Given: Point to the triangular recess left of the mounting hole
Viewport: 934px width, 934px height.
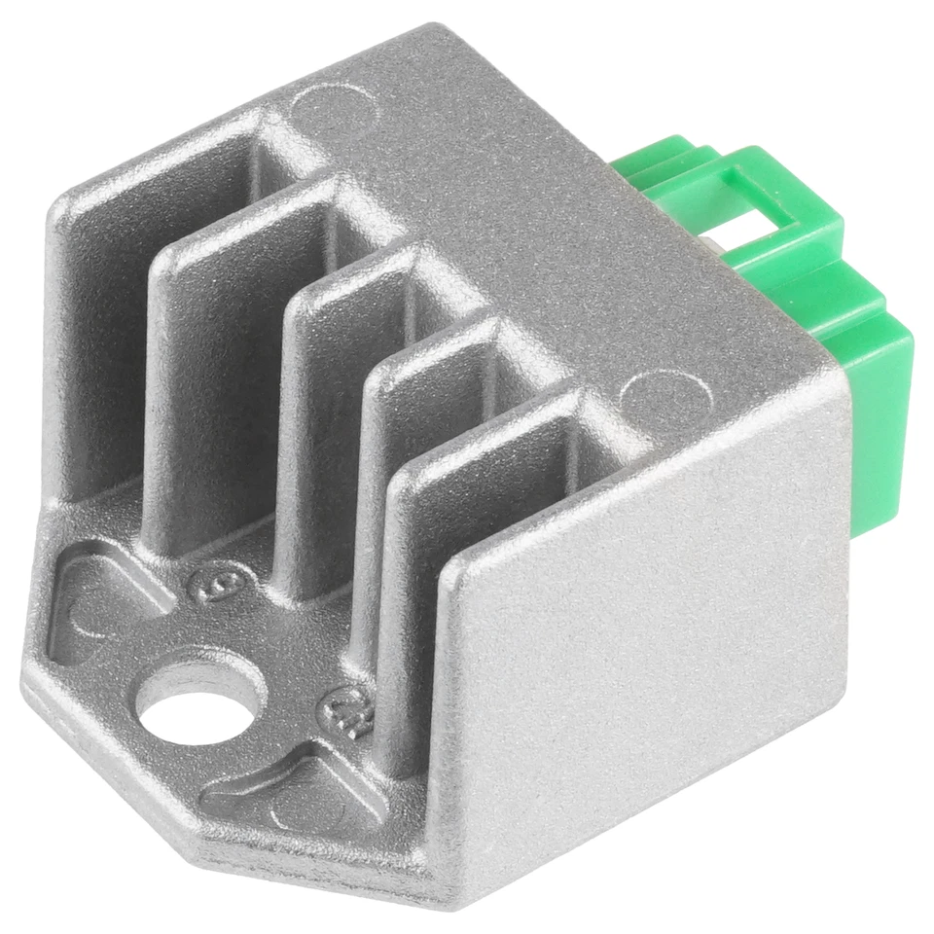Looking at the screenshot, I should click(92, 603).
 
